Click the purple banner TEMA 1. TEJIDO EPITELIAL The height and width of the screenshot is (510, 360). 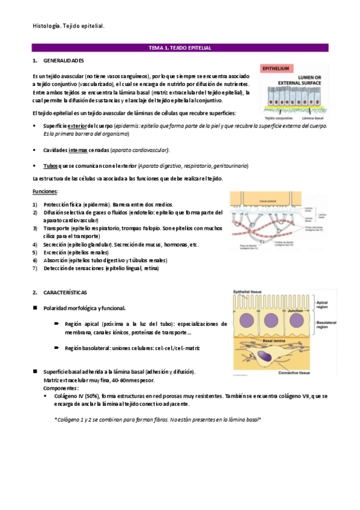pyautogui.click(x=180, y=48)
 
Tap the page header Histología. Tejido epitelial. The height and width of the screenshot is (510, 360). pyautogui.click(x=69, y=26)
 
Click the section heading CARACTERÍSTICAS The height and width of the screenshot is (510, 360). pyautogui.click(x=65, y=292)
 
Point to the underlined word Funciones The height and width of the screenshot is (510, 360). pyautogui.click(x=44, y=191)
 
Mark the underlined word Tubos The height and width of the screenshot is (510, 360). pyautogui.click(x=50, y=166)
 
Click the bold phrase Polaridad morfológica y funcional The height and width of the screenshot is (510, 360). pyautogui.click(x=84, y=308)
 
